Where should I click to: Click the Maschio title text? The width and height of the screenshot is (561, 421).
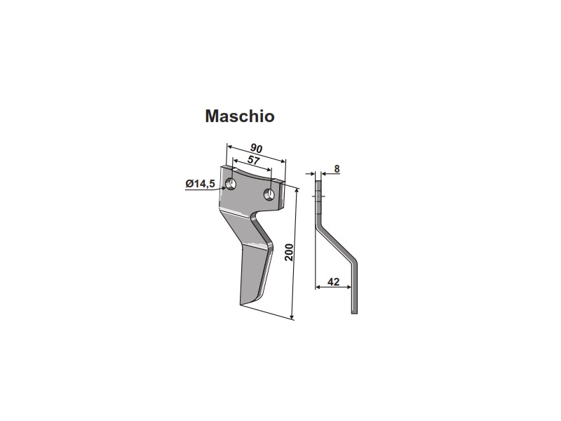(x=240, y=116)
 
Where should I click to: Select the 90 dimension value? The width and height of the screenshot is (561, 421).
(x=256, y=148)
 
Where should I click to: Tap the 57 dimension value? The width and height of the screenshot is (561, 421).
(x=253, y=160)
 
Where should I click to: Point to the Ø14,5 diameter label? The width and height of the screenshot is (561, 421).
(x=200, y=184)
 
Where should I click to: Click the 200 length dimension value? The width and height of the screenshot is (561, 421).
(x=289, y=253)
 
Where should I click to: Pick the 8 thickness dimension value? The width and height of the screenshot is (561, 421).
(x=337, y=168)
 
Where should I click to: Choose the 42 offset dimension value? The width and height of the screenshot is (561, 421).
(x=333, y=282)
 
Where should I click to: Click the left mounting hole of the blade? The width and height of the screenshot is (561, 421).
(x=231, y=185)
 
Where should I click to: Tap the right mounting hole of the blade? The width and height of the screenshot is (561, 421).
(x=269, y=195)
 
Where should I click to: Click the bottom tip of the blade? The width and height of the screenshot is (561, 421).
(x=241, y=305)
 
